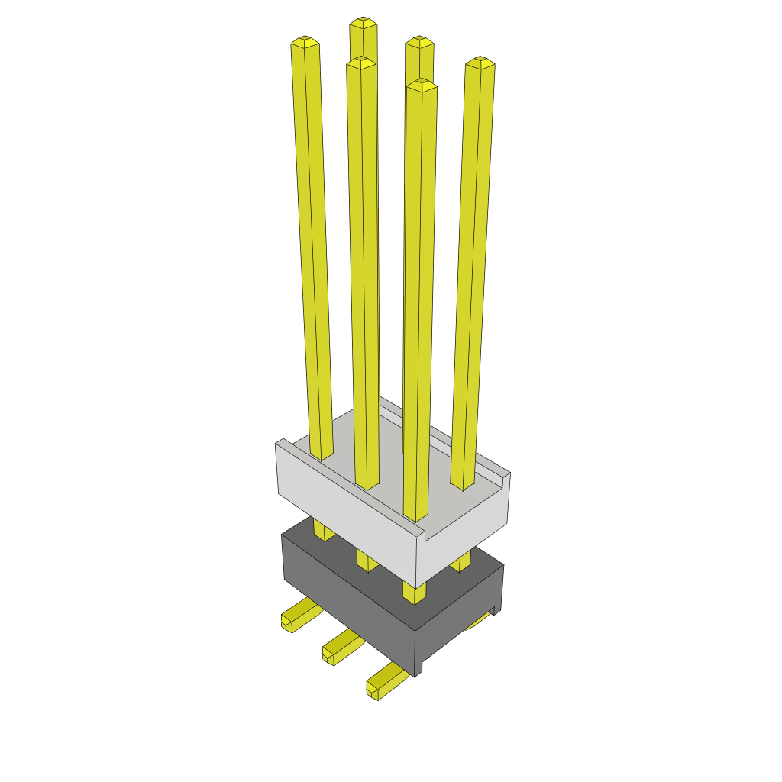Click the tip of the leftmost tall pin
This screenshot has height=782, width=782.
[x=305, y=41]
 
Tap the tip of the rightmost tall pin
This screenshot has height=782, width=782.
[x=480, y=62]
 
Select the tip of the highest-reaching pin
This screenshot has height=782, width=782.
[x=364, y=22]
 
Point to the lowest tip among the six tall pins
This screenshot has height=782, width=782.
[x=422, y=85]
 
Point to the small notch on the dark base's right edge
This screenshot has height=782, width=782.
[x=496, y=610]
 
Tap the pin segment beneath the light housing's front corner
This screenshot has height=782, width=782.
[x=414, y=593]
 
